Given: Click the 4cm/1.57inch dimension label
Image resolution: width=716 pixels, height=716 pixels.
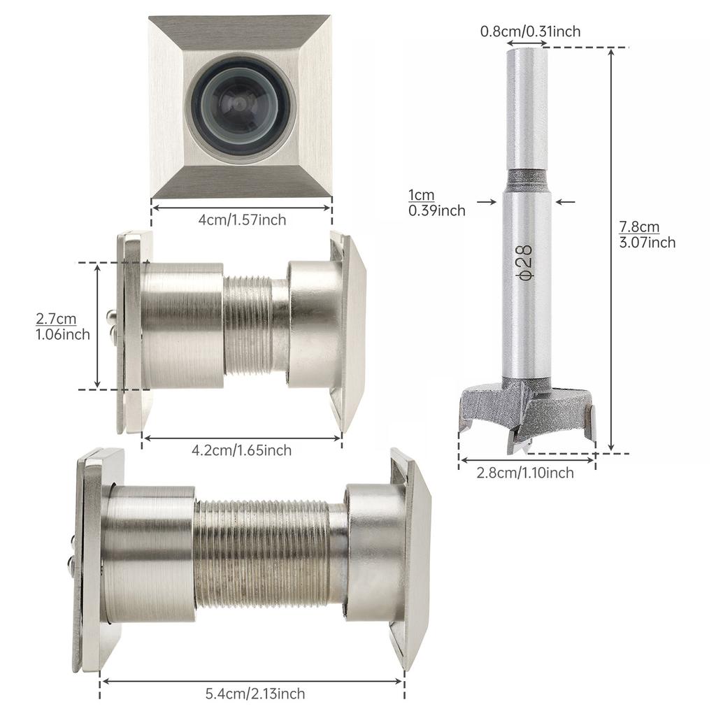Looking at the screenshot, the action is pos(242,220).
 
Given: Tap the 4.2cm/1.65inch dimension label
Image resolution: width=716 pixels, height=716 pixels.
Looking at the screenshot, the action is pos(241,450).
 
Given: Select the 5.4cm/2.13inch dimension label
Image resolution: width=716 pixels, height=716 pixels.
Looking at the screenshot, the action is pos(255,694).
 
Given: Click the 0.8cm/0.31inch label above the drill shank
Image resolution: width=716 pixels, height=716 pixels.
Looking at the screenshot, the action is pos(530,31).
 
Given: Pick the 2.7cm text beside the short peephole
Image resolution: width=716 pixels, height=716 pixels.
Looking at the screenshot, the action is pos(56,318).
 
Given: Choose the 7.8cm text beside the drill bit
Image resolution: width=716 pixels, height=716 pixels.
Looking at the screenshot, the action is pos(639,227).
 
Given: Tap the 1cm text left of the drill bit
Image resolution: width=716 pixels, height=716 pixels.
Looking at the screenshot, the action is pos(421,195).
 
